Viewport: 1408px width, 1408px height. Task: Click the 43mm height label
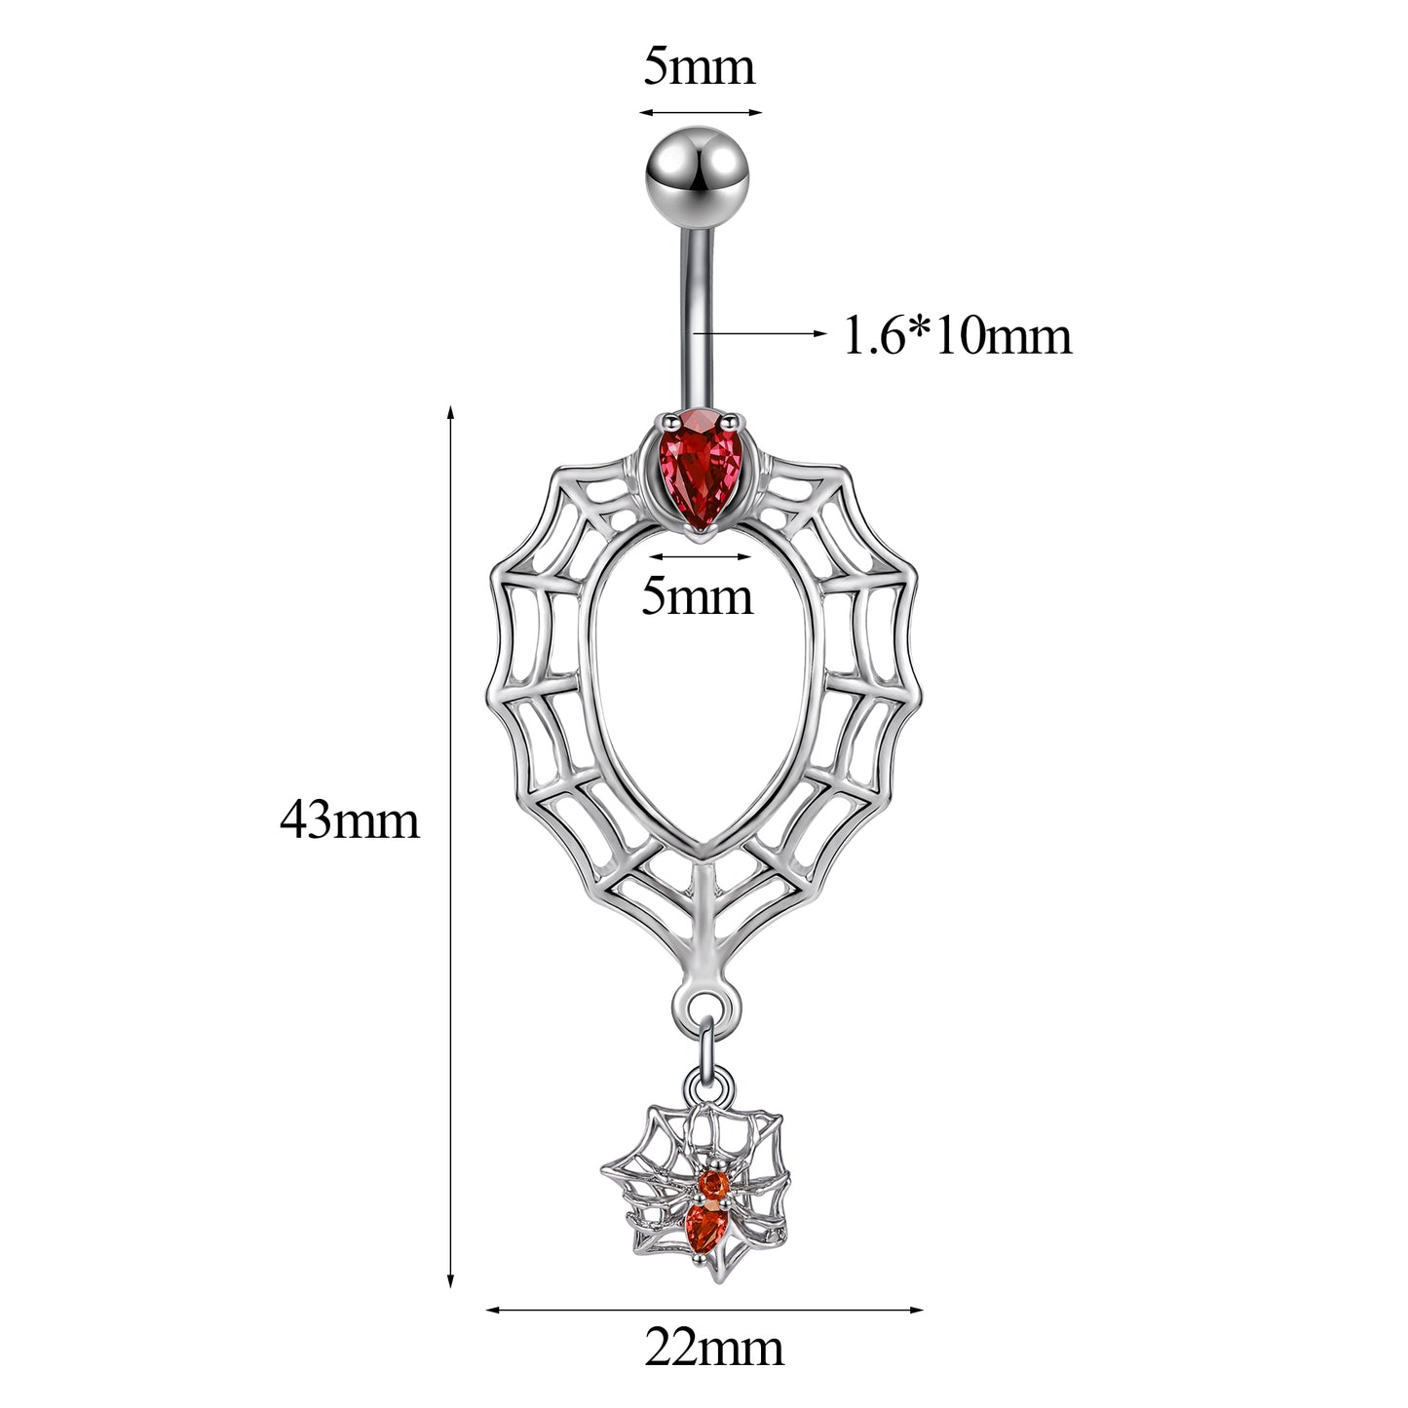click(350, 819)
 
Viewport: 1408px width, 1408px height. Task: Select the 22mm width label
click(714, 1349)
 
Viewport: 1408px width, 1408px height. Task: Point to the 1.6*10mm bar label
click(958, 336)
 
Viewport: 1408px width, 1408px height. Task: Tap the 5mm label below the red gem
click(697, 596)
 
